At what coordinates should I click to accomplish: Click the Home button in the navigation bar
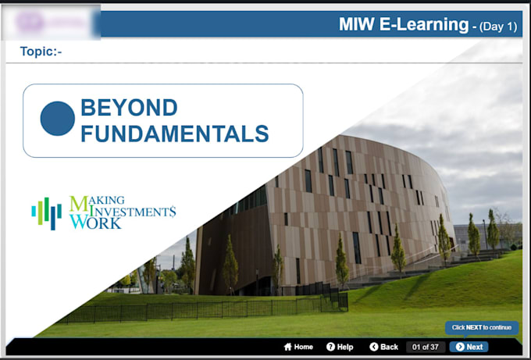coord(298,347)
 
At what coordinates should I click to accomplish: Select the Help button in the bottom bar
coord(340,347)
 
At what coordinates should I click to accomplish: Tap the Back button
coord(383,347)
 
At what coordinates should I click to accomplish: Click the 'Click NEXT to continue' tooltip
coord(482,328)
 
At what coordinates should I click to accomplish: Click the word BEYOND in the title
coord(129,108)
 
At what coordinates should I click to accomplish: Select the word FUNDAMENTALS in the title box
coord(175,134)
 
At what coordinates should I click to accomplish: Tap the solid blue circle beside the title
coord(57,119)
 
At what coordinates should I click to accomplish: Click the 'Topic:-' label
coord(41,52)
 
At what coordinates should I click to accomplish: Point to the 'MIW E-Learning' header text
coord(403,24)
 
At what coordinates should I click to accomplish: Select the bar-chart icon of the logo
coord(46,212)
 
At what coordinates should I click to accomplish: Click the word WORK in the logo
coord(95,223)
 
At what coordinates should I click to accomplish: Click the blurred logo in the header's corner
coord(52,22)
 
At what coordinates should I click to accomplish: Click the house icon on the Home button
coord(287,347)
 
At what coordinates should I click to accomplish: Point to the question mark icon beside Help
coord(330,347)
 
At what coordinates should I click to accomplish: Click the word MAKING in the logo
coord(98,201)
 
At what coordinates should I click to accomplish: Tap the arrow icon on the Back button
coord(373,347)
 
